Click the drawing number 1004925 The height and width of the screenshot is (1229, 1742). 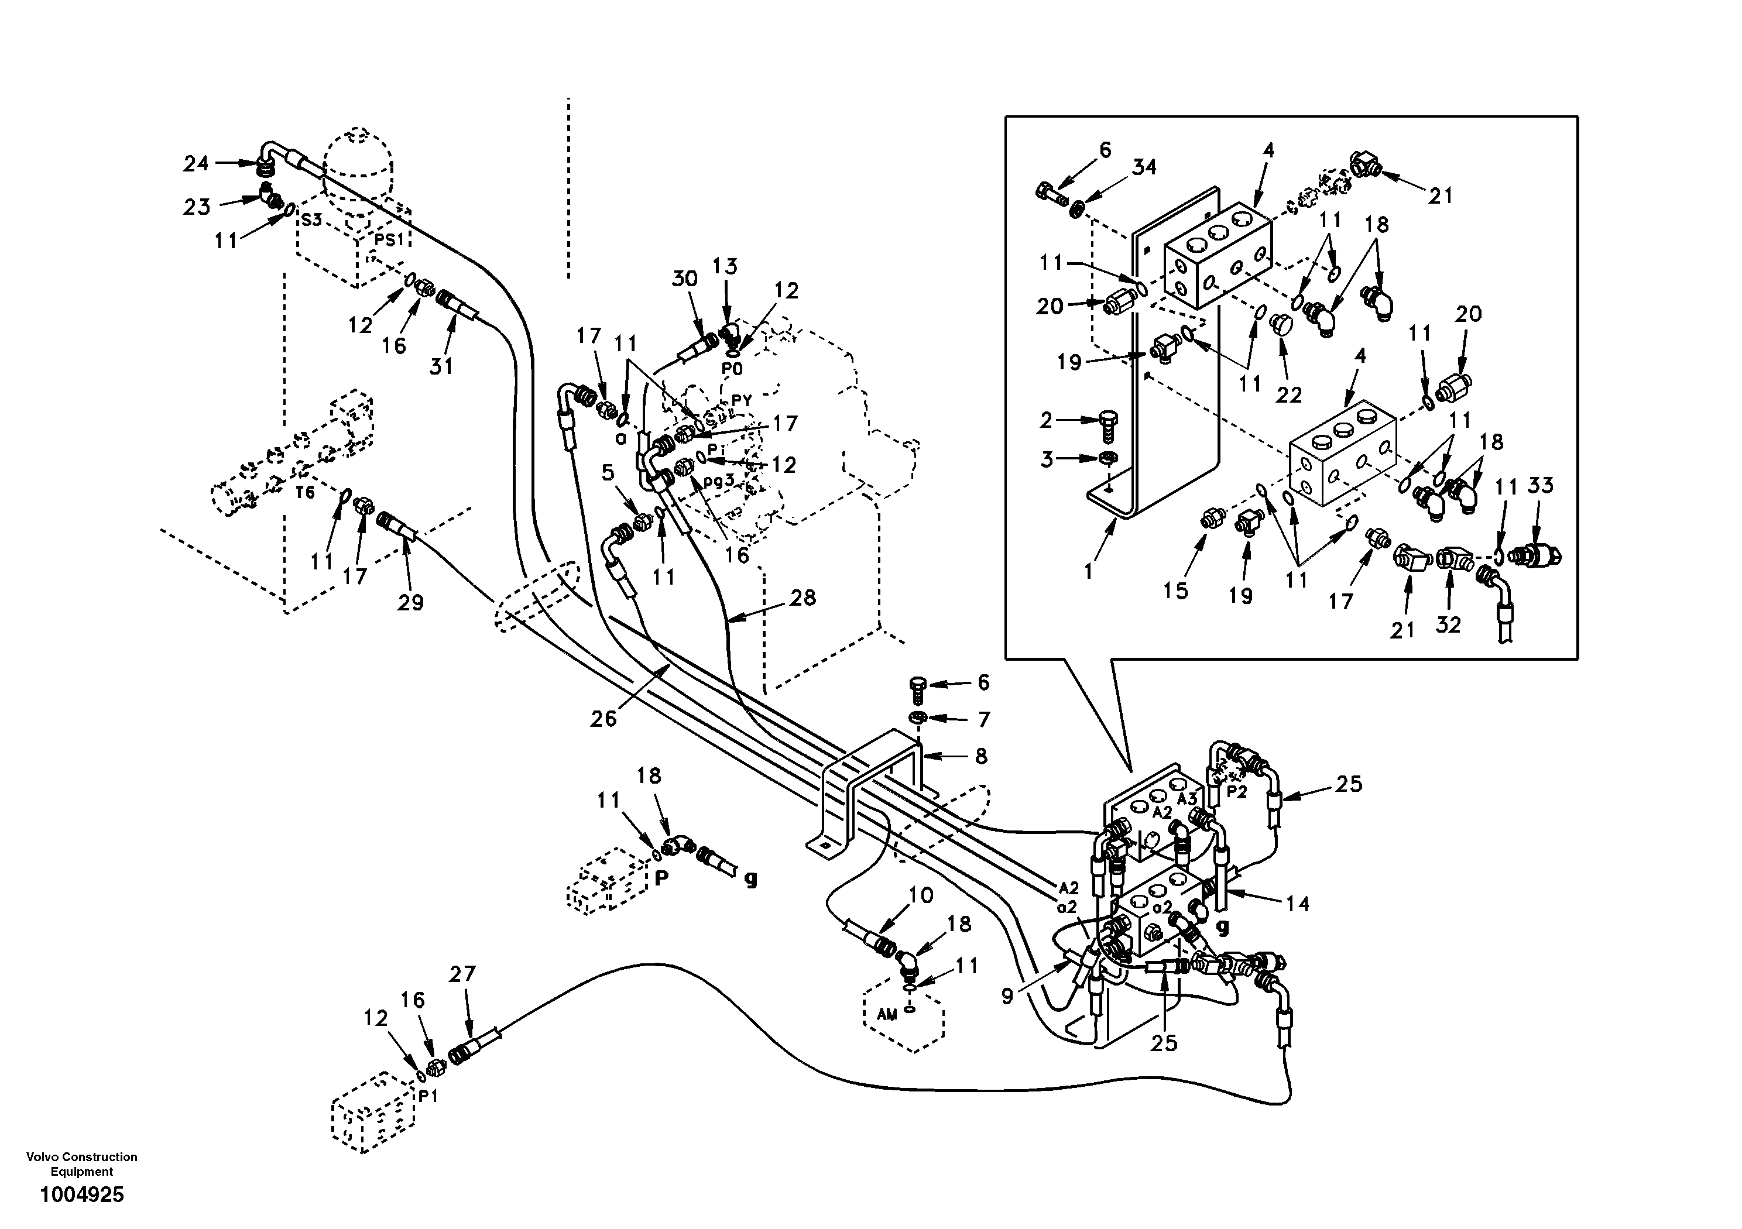pyautogui.click(x=81, y=1195)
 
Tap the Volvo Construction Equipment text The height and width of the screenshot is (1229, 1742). pyautogui.click(x=81, y=1164)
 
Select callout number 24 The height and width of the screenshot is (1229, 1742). pyautogui.click(x=196, y=163)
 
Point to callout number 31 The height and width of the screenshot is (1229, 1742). pyautogui.click(x=441, y=366)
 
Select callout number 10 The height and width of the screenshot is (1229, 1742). pyautogui.click(x=920, y=895)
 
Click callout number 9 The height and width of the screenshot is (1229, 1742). pyautogui.click(x=1007, y=996)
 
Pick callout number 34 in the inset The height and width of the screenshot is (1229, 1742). pyautogui.click(x=1144, y=167)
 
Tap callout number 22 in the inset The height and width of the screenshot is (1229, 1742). pyautogui.click(x=1288, y=394)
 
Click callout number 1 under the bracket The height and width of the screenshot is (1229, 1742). pyautogui.click(x=1089, y=571)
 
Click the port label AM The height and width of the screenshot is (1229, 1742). pyautogui.click(x=887, y=1014)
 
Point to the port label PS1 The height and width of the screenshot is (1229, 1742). pyautogui.click(x=389, y=240)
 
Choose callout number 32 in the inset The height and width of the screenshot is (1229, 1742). pyautogui.click(x=1448, y=624)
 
